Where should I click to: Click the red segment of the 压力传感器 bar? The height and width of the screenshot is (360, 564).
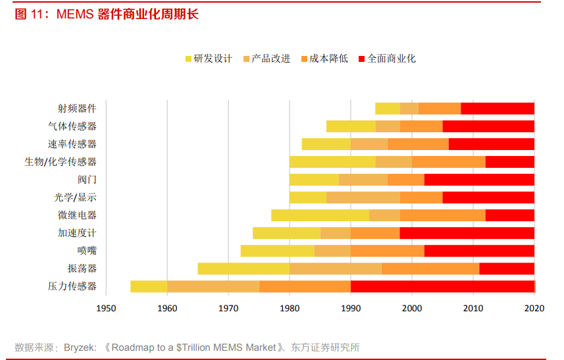click(x=442, y=286)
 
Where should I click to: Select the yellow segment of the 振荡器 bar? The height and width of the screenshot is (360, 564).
click(x=244, y=269)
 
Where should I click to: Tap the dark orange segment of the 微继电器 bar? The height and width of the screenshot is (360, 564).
click(x=442, y=215)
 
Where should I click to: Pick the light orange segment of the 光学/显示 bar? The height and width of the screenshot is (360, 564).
click(x=363, y=197)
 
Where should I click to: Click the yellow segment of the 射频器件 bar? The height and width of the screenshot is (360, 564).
click(x=387, y=109)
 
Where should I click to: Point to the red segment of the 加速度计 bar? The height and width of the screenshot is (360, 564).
click(x=467, y=233)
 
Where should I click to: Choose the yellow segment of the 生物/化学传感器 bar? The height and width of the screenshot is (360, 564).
click(x=332, y=162)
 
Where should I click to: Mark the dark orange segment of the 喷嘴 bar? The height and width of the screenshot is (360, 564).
click(x=387, y=251)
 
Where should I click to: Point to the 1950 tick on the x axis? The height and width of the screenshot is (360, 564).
click(x=106, y=307)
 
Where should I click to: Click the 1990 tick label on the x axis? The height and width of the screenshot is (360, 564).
click(x=351, y=307)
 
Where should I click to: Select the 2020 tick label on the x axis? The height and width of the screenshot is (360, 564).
click(x=534, y=307)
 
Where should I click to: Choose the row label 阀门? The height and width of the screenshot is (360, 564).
click(x=87, y=180)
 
